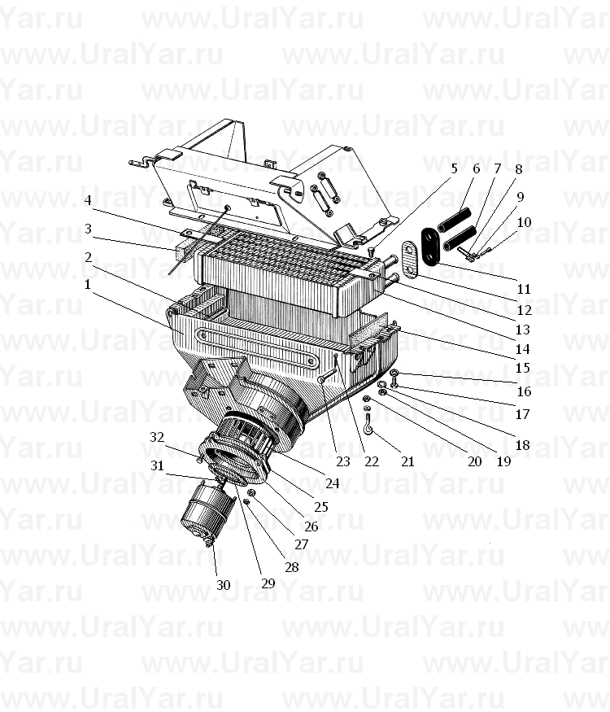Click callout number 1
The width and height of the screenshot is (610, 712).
point(87,285)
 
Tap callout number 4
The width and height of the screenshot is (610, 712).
point(88,200)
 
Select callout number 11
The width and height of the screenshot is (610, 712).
point(524,289)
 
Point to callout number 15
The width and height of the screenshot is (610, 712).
point(523,368)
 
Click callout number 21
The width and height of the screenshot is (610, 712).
point(407,462)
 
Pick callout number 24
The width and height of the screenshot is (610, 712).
point(332,483)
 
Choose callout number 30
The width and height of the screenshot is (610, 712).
point(224,585)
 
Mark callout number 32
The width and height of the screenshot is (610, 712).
point(157,437)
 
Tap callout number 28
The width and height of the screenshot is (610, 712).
point(292,567)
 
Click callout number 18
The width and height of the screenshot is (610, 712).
point(523,445)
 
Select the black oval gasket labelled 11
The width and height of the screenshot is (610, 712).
point(429,246)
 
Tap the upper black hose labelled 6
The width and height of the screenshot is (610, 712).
point(454,218)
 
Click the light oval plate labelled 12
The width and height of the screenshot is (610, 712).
point(410,259)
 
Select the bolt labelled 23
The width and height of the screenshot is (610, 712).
point(327,375)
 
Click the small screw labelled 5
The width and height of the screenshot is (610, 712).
point(371,251)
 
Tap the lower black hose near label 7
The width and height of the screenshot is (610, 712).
point(460,238)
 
